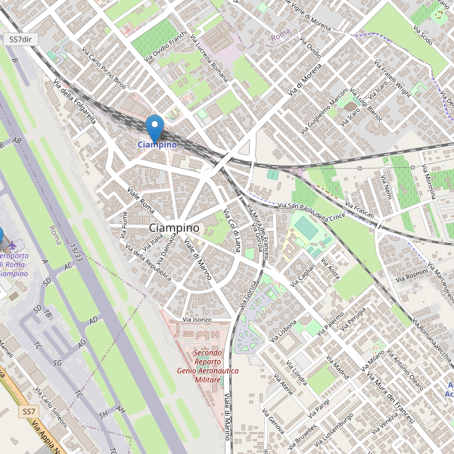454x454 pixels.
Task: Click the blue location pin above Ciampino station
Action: [155, 126]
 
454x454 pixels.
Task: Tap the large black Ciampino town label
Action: [175, 228]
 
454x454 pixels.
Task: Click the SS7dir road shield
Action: [20, 39]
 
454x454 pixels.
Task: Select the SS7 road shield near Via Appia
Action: [29, 412]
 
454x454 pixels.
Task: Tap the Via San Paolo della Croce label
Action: [311, 211]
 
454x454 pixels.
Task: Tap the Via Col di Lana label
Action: [235, 230]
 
